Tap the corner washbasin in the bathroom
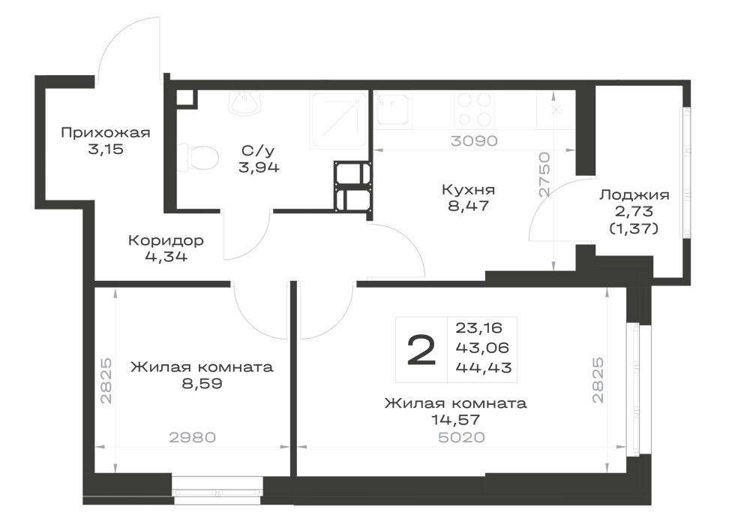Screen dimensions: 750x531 coord(245,103)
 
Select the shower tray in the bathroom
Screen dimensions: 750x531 coord(339,119)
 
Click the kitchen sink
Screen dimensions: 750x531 coord(392,110)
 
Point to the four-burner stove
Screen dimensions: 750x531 coord(475,110)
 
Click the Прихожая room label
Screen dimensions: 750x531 coord(106,133)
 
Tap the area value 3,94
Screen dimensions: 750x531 coord(259,167)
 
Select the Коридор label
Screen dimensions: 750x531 coord(166,240)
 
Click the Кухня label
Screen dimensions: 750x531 coord(468,189)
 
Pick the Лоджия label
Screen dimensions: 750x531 coord(634,195)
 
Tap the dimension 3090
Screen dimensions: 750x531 coord(474,141)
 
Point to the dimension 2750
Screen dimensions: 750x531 coord(544,175)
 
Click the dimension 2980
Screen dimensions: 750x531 coord(193,437)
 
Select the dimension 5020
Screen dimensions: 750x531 coord(461,437)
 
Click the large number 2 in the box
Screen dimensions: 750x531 coord(421,350)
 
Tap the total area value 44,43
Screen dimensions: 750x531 coord(484,368)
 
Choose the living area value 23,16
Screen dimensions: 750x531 coord(478,328)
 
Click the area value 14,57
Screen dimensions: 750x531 coord(455,420)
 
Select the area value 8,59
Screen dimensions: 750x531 coord(202,384)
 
